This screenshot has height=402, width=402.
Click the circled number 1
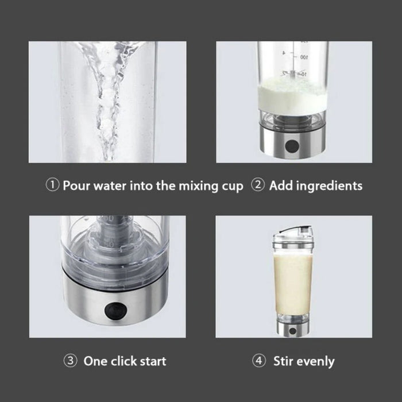click(53, 185)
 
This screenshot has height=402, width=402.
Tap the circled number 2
click(259, 185)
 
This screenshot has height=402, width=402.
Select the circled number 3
click(69, 361)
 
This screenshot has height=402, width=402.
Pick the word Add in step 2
click(280, 185)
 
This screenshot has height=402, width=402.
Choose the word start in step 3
click(152, 361)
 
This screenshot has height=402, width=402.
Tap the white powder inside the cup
click(293, 92)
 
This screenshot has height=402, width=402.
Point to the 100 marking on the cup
click(304, 58)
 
